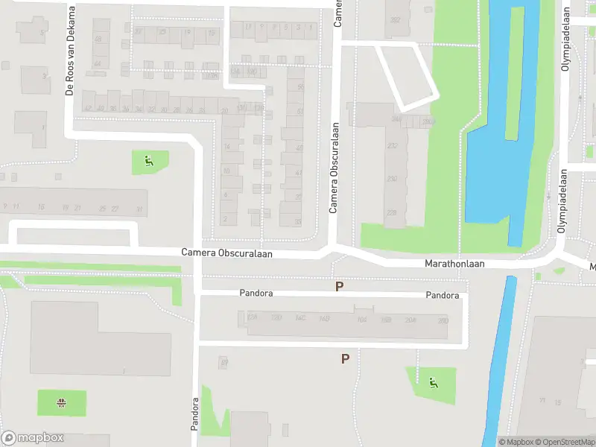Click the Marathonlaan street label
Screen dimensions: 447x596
(454, 264)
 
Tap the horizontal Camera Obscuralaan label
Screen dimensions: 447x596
(226, 253)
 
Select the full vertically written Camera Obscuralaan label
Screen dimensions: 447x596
(335, 168)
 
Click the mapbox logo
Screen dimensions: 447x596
(32, 438)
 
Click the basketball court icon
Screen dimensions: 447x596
(61, 404)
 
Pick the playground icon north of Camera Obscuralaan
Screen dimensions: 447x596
(150, 161)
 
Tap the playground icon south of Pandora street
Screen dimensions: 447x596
(433, 384)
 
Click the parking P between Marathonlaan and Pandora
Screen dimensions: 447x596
(340, 286)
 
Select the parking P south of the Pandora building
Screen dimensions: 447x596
(345, 359)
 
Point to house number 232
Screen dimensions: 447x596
(392, 146)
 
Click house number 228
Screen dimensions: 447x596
(392, 213)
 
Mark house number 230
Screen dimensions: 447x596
(392, 179)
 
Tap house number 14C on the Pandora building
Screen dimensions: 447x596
(301, 319)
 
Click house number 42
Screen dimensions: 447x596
(88, 109)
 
